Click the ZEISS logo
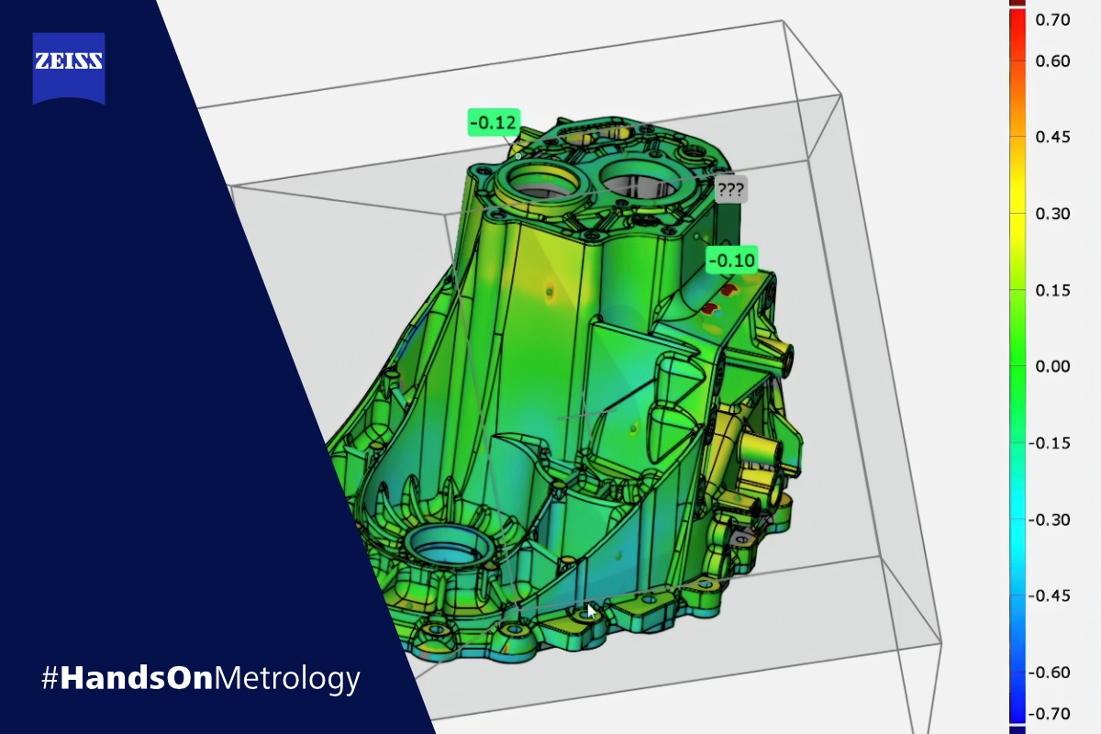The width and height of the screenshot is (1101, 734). click(x=69, y=68)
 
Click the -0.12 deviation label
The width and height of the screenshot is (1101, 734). click(x=494, y=122)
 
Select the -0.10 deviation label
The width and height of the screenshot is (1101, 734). click(x=732, y=260)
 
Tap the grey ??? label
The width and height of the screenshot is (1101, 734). click(x=731, y=189)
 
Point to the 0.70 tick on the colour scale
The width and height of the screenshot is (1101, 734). click(x=1052, y=20)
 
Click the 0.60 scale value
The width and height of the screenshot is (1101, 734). click(x=1052, y=61)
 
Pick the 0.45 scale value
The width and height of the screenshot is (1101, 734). click(x=1052, y=137)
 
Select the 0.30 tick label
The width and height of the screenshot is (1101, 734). click(x=1052, y=214)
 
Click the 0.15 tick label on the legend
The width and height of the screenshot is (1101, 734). click(x=1052, y=291)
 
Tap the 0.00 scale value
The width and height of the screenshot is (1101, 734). click(x=1052, y=366)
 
